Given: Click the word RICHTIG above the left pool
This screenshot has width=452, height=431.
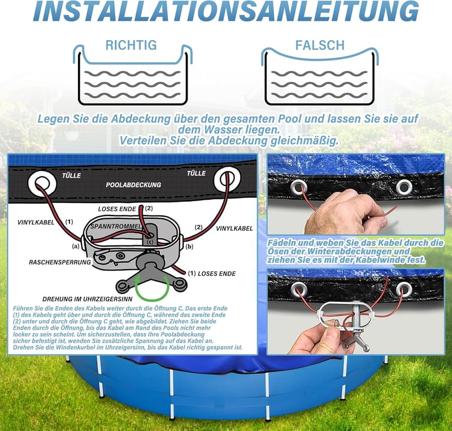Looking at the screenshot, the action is (131, 45).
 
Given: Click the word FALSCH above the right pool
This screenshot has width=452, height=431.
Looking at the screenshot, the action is (320, 45).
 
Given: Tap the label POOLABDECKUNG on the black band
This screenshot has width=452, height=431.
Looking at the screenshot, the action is (133, 185).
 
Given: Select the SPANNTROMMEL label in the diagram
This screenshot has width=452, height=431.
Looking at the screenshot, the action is (116, 226).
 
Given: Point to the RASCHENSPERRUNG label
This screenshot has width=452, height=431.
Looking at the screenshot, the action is (60, 262).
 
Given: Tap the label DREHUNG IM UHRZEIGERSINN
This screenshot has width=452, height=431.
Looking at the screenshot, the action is (88, 299).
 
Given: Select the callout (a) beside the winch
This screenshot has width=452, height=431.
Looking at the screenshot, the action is (75, 247).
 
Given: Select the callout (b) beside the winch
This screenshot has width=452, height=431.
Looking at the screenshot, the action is (189, 247).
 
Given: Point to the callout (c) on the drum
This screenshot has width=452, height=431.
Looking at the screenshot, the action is (150, 242).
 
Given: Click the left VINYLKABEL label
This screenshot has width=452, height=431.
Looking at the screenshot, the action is (36, 222).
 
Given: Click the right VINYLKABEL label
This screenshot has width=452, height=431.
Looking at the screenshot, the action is (234, 229).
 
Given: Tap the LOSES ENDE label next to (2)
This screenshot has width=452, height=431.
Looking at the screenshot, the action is (117, 209).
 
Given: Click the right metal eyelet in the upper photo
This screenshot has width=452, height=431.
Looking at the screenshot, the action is (404, 187).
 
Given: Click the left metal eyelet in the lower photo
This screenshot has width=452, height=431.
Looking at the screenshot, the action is (299, 289).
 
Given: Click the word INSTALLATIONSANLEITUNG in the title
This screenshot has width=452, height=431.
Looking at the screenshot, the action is (225, 11).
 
